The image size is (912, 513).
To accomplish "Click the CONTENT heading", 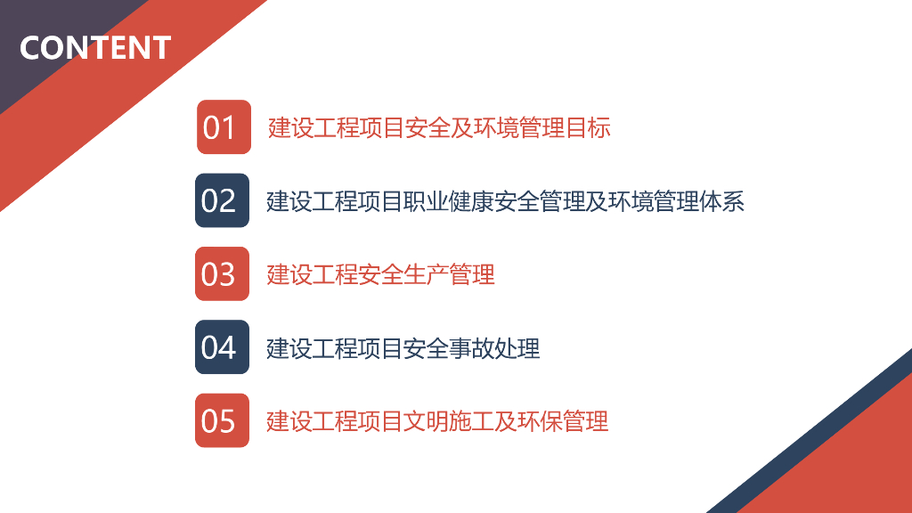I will tap(95, 47).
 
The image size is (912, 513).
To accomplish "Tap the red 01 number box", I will tap(224, 127).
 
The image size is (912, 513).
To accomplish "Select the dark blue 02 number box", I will tap(222, 200).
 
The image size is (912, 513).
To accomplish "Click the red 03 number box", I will tap(222, 273).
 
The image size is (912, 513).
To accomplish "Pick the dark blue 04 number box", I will tap(222, 346).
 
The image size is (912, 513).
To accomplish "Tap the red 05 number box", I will tap(222, 420).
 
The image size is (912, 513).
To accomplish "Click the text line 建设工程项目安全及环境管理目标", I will tap(439, 127).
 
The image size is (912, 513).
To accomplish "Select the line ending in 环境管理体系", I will tap(505, 201).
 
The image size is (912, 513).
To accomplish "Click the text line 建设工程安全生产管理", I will tap(380, 274).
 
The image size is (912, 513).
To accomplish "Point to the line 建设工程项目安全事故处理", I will tap(403, 347).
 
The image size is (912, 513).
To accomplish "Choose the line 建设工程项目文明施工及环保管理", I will tap(437, 420).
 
